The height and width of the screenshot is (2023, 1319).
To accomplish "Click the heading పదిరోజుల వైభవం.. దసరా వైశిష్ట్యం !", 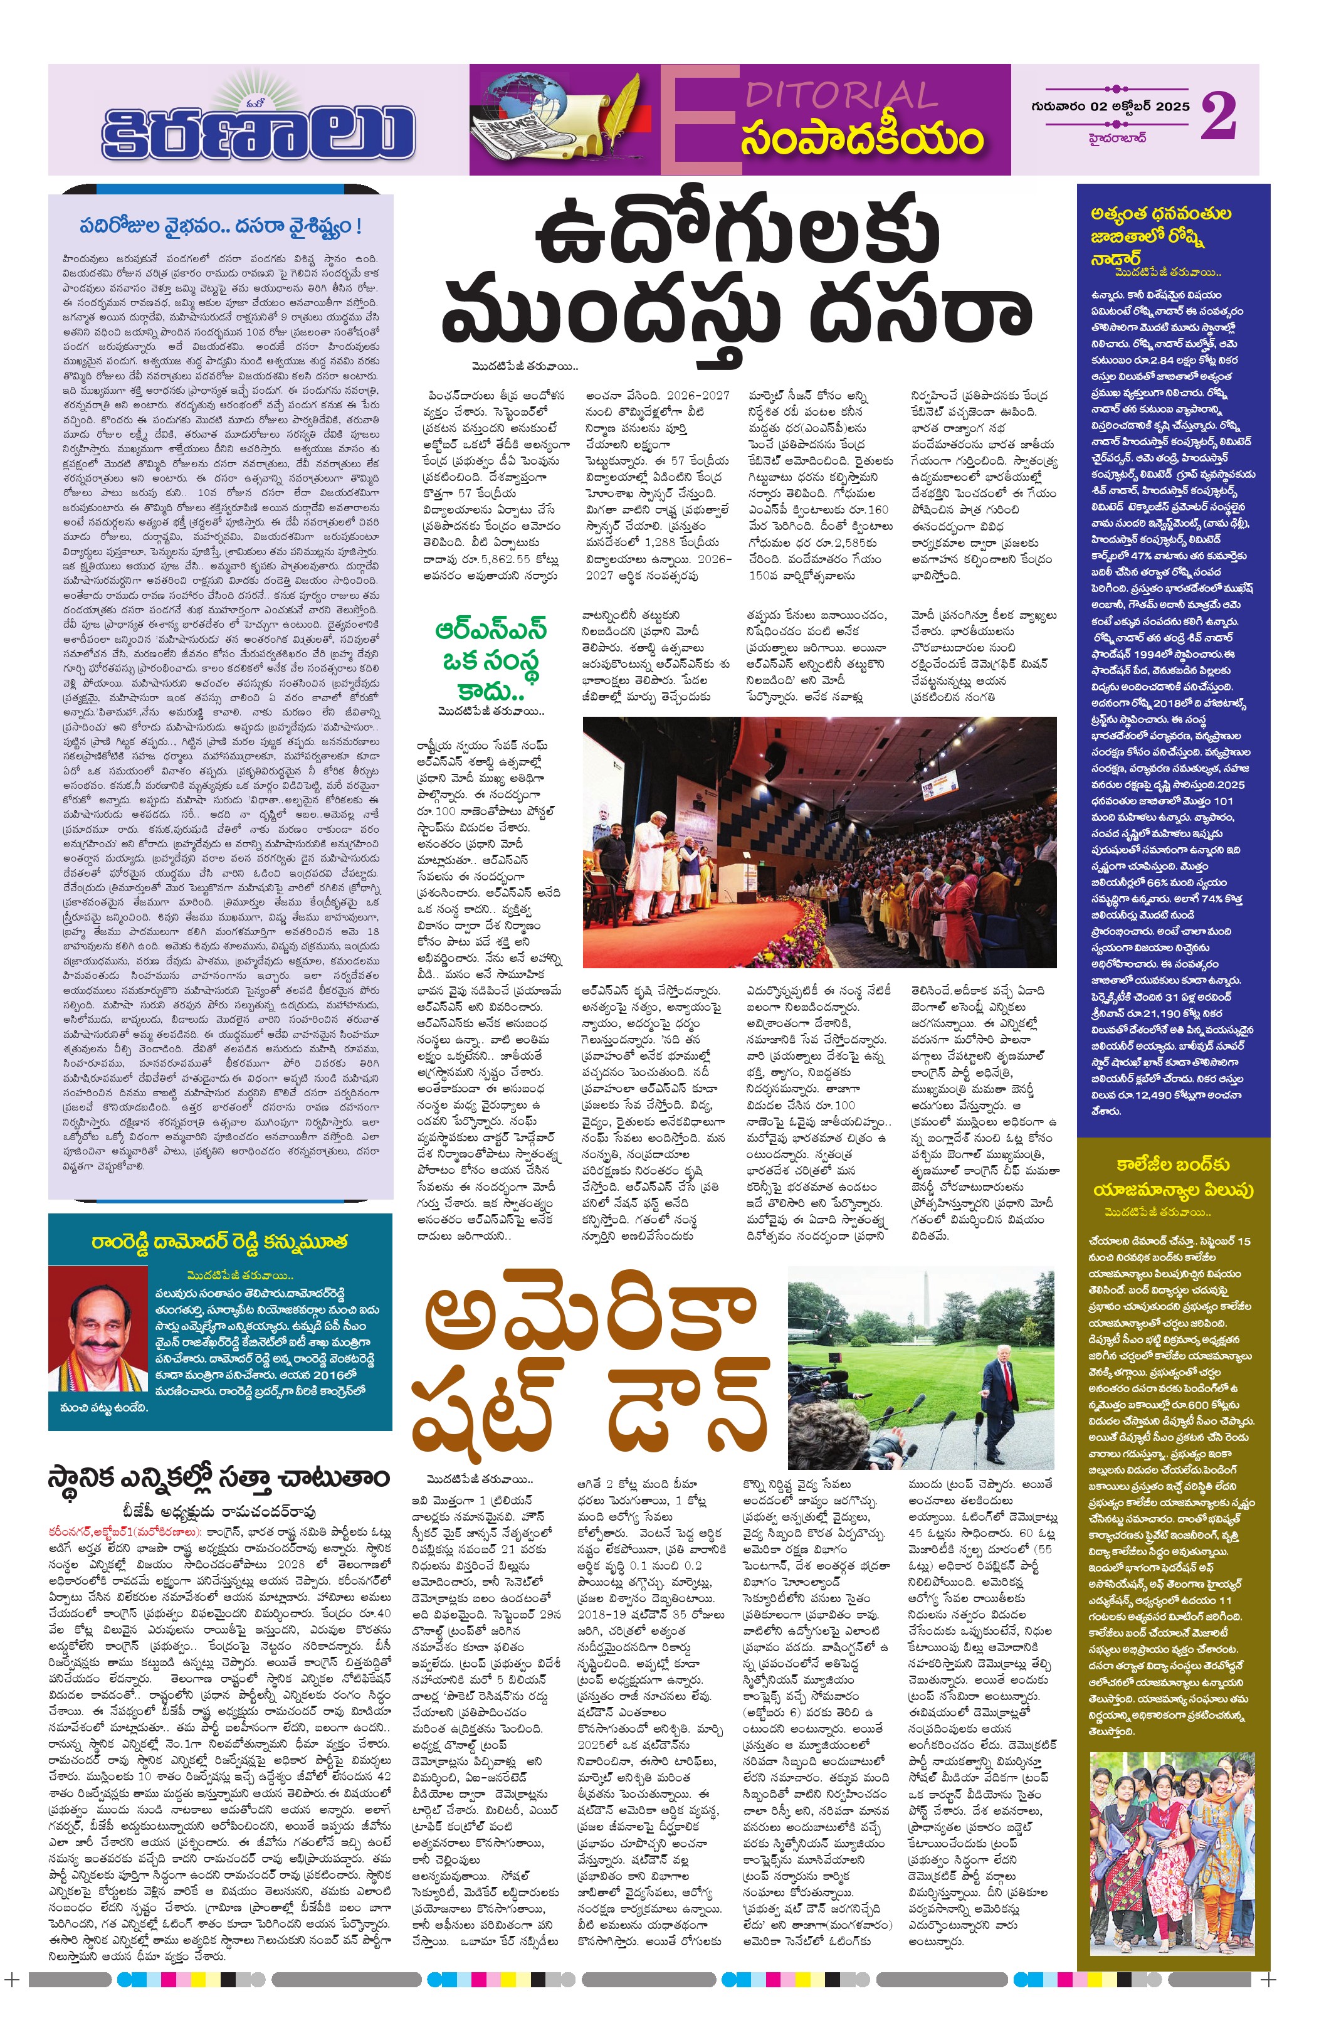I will [x=220, y=227].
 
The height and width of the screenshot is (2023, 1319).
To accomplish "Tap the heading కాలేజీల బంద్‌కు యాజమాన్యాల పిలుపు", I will [x=1173, y=1176].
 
